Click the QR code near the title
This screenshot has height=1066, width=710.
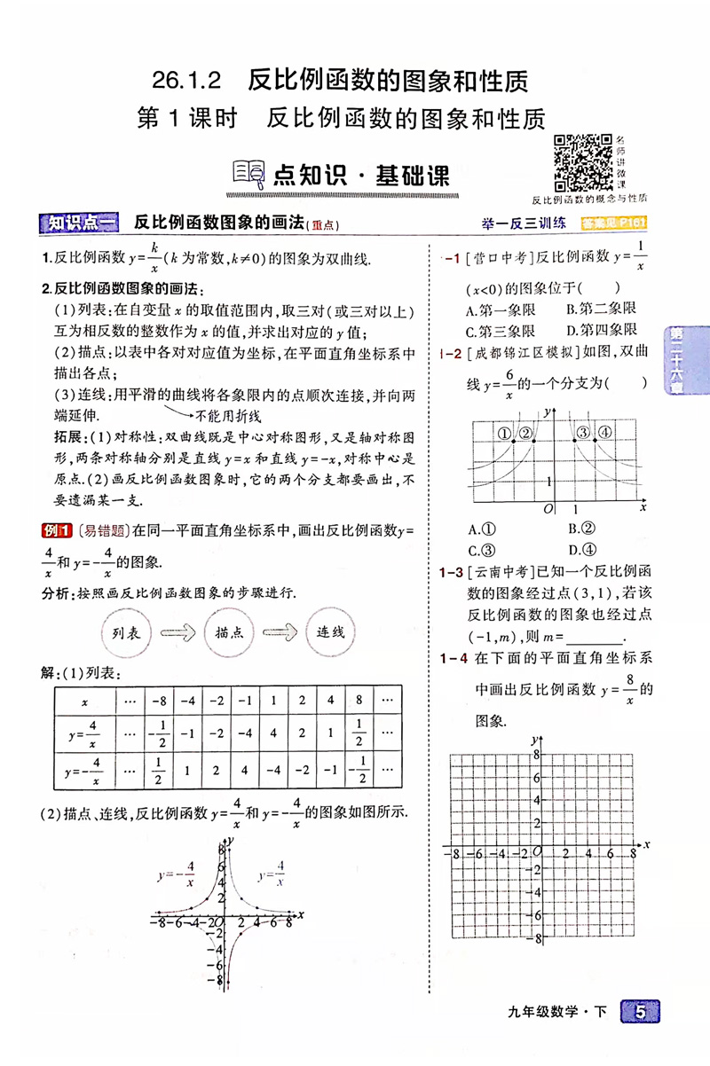(x=582, y=161)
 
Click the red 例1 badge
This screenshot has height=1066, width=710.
(x=56, y=531)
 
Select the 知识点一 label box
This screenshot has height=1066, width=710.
(x=81, y=223)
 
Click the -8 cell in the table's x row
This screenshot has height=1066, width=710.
(x=160, y=702)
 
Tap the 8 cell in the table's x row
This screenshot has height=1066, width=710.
(x=359, y=702)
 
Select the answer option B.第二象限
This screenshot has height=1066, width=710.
(x=602, y=309)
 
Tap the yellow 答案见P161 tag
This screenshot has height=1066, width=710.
(x=611, y=223)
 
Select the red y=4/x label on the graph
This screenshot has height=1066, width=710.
(x=272, y=873)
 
